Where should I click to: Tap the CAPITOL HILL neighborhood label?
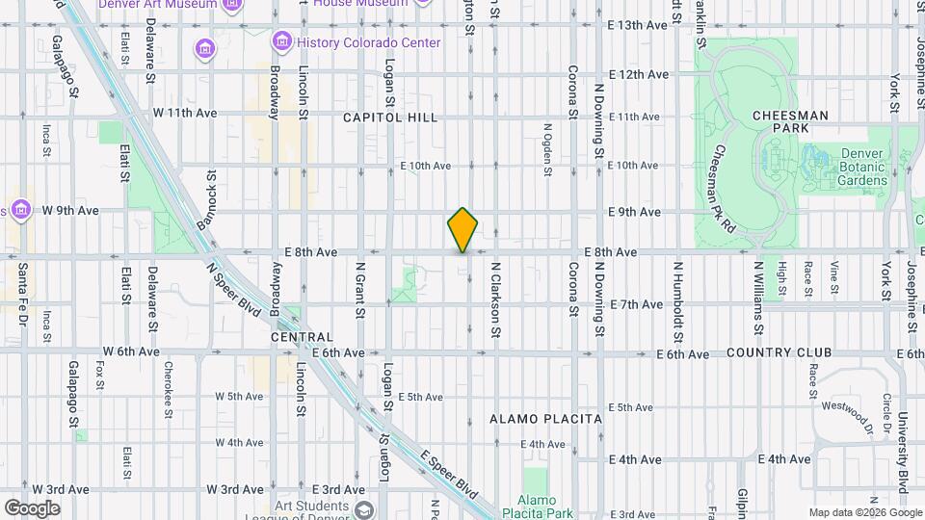click(x=391, y=117)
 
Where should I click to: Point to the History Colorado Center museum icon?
click(x=281, y=42)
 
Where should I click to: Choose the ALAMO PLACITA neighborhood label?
click(x=545, y=419)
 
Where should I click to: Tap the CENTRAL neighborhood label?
click(x=302, y=338)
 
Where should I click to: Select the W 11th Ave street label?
click(x=185, y=113)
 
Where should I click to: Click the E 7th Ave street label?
click(x=636, y=304)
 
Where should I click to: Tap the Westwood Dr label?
click(x=843, y=411)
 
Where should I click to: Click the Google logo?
click(x=32, y=508)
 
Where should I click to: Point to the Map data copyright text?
click(x=863, y=511)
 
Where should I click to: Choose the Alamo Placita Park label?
click(x=544, y=506)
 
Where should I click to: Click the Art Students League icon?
click(x=362, y=509)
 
